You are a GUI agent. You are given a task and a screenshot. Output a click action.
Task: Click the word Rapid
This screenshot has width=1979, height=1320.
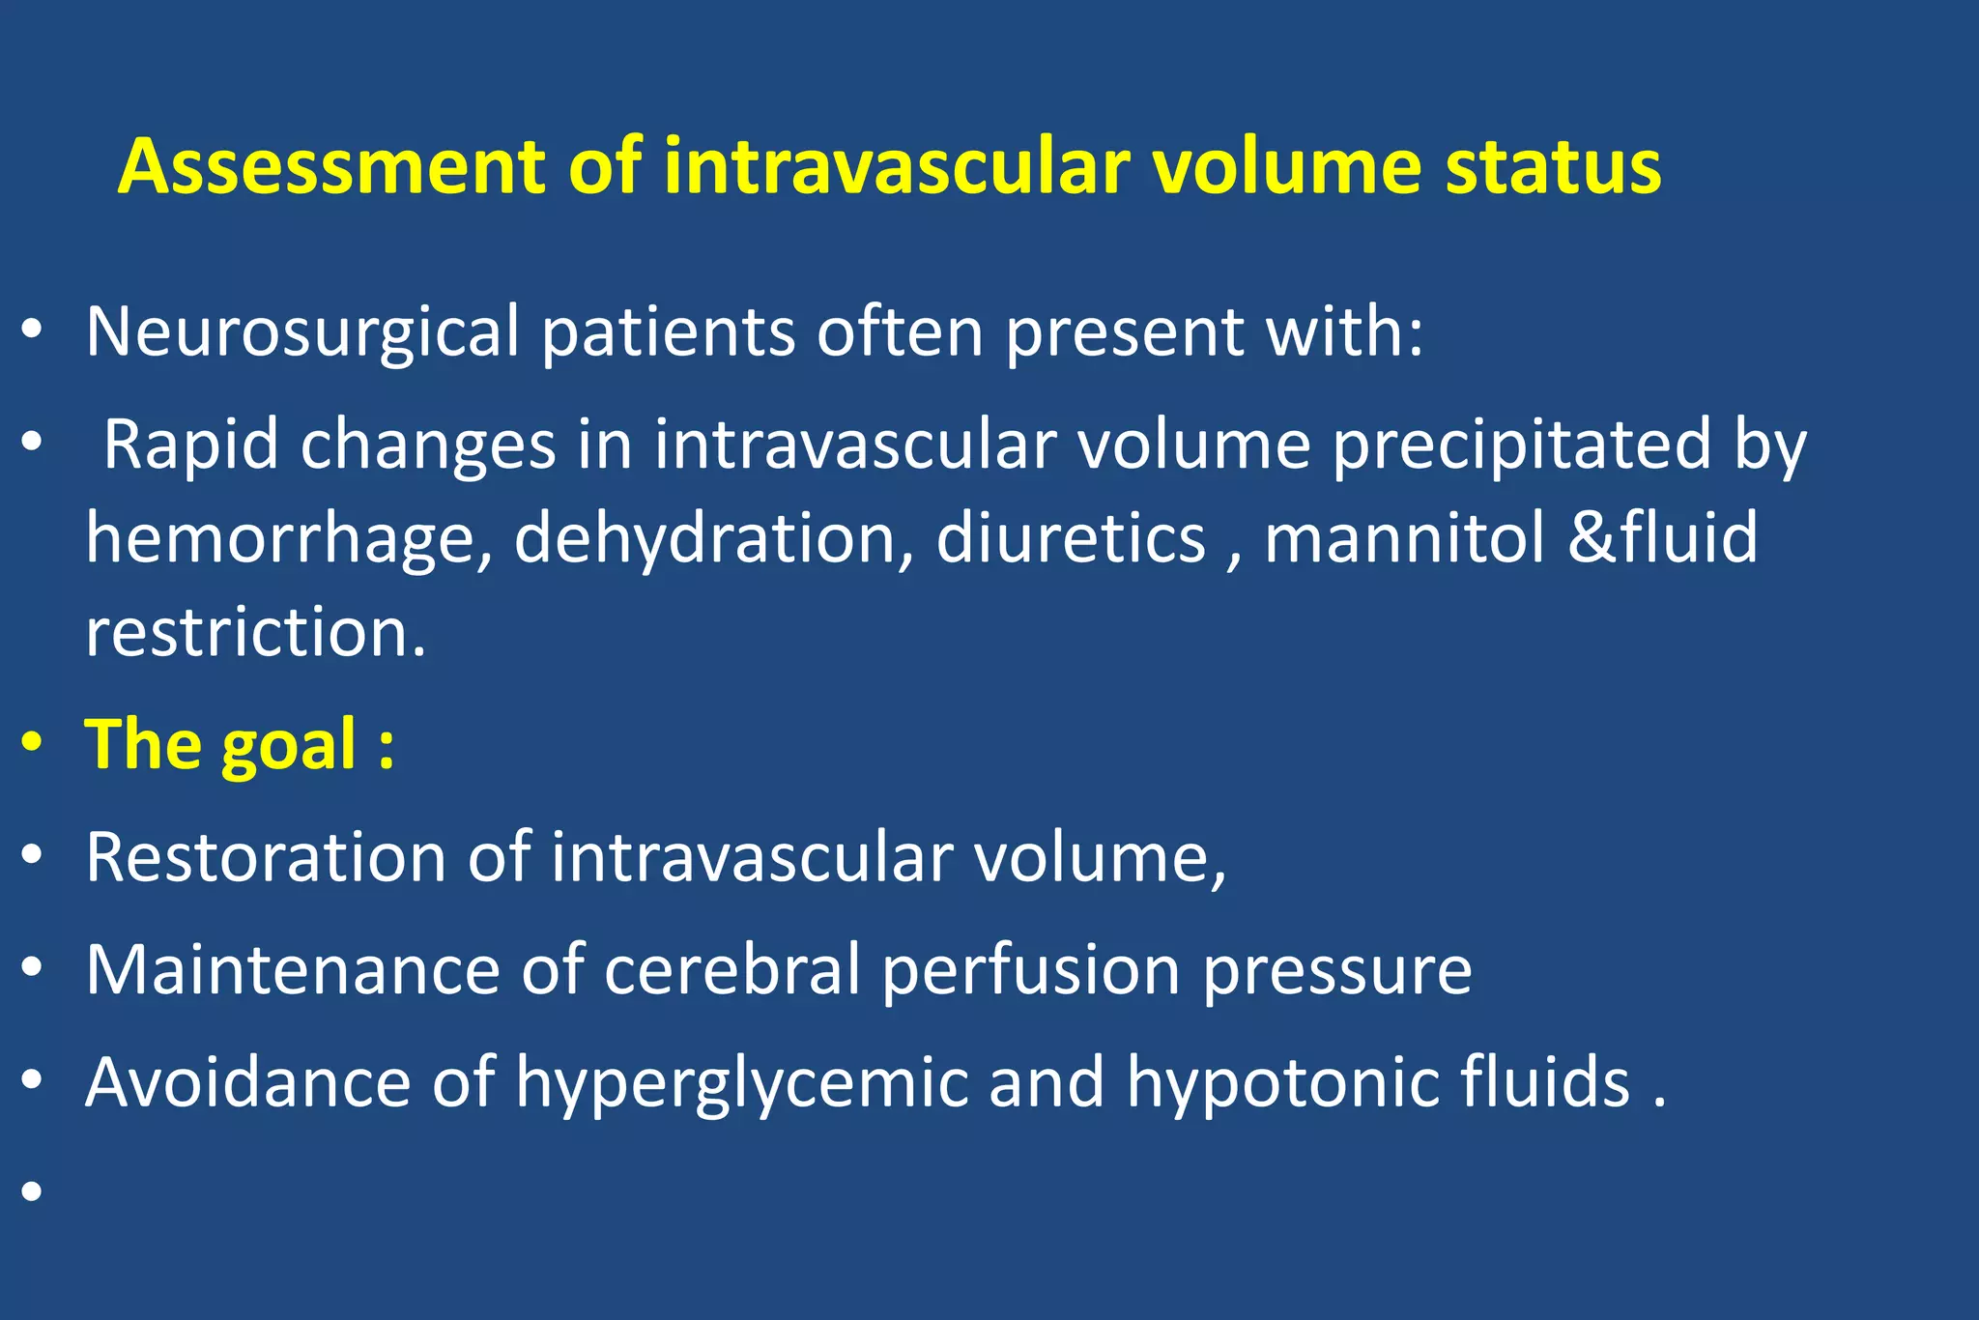190,445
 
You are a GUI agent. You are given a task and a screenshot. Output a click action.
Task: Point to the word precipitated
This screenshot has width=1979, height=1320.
1521,445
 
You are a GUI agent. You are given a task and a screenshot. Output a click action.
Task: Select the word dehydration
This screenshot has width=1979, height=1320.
713,539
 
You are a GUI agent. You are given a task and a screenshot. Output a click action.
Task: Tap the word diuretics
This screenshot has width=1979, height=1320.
1071,537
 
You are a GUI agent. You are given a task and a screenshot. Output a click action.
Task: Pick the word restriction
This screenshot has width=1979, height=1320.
255,633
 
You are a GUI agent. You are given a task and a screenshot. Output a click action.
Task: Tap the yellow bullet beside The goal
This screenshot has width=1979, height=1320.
33,743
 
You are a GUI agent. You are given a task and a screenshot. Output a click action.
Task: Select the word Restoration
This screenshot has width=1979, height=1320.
265,857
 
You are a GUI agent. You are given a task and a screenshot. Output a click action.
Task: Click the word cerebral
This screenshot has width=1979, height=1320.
731,969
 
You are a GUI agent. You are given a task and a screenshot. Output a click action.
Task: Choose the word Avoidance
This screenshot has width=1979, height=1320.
247,1082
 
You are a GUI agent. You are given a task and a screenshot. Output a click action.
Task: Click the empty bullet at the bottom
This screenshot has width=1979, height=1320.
33,1191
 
